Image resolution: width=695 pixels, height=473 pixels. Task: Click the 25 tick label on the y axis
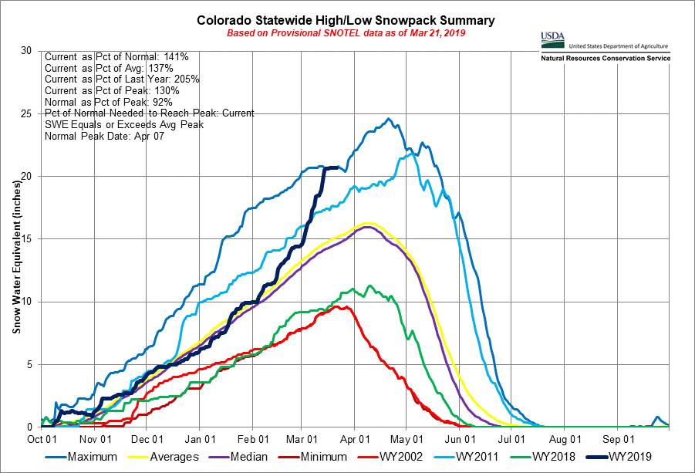click(27, 113)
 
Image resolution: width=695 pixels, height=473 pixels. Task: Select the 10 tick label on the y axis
click(27, 302)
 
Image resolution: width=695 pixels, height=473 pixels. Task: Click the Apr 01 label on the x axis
click(353, 438)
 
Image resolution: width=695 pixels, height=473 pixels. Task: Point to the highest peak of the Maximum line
click(389, 119)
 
